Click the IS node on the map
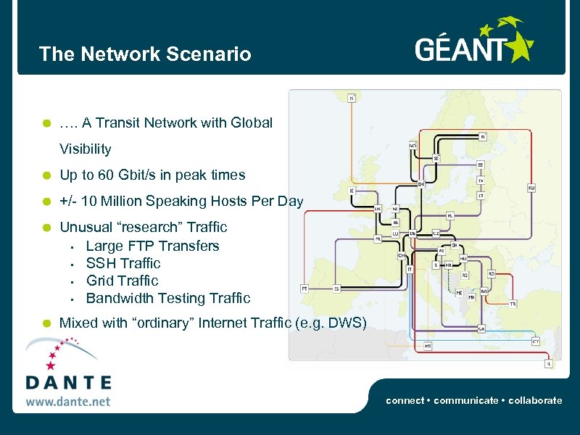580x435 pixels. [352, 98]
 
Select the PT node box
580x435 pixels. [305, 288]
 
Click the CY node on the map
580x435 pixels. [535, 341]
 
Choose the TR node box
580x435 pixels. [513, 304]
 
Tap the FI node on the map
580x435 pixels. [484, 136]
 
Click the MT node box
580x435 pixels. [428, 347]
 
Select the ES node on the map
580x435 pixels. [336, 288]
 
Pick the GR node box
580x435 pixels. [481, 328]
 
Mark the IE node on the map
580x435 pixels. [352, 191]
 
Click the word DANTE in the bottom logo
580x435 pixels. [68, 383]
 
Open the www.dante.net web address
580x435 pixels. [68, 400]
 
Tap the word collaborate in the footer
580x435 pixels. [536, 400]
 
